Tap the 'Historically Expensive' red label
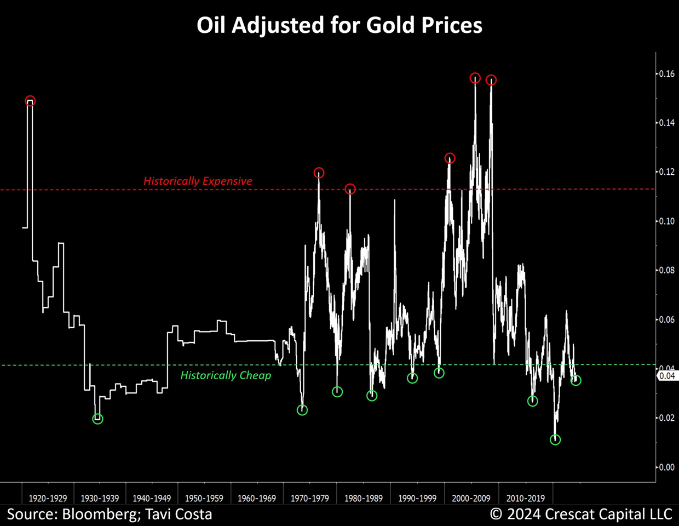click(198, 181)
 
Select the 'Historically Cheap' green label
click(226, 375)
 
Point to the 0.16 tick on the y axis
click(666, 74)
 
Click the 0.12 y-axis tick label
click(666, 172)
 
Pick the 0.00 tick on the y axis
click(666, 467)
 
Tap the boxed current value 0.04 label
click(666, 376)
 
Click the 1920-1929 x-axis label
click(48, 499)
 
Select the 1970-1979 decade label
click(310, 499)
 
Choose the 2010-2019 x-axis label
click(526, 499)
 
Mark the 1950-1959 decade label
click(204, 499)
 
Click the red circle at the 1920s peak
click(30, 101)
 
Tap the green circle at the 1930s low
click(97, 419)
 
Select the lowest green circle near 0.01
click(555, 439)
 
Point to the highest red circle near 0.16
click(475, 78)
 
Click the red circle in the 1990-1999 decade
click(450, 158)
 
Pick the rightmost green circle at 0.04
click(576, 380)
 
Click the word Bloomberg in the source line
click(99, 514)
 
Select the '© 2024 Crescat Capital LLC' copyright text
click(581, 514)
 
